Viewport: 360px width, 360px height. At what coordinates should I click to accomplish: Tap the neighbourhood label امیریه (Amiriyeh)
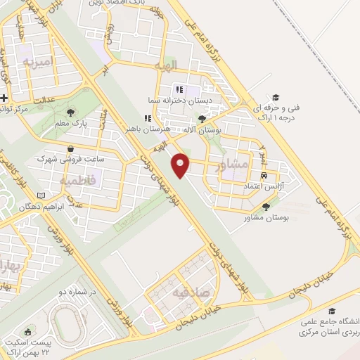[x=38, y=63]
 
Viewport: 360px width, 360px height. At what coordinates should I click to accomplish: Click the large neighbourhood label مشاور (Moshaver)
[x=234, y=166]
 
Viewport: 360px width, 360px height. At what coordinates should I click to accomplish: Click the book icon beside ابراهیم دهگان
[x=40, y=195]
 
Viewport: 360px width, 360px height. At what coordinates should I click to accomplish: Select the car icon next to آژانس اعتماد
[x=264, y=175]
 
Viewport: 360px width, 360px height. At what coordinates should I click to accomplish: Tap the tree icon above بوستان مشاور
[x=266, y=207]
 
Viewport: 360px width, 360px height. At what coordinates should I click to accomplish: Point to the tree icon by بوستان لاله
[x=202, y=119]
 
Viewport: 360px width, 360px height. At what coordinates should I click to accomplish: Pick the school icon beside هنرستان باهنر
[x=148, y=119]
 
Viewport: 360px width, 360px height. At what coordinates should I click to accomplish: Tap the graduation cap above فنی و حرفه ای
[x=276, y=97]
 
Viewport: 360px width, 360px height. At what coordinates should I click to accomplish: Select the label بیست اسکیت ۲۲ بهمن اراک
[x=29, y=345]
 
